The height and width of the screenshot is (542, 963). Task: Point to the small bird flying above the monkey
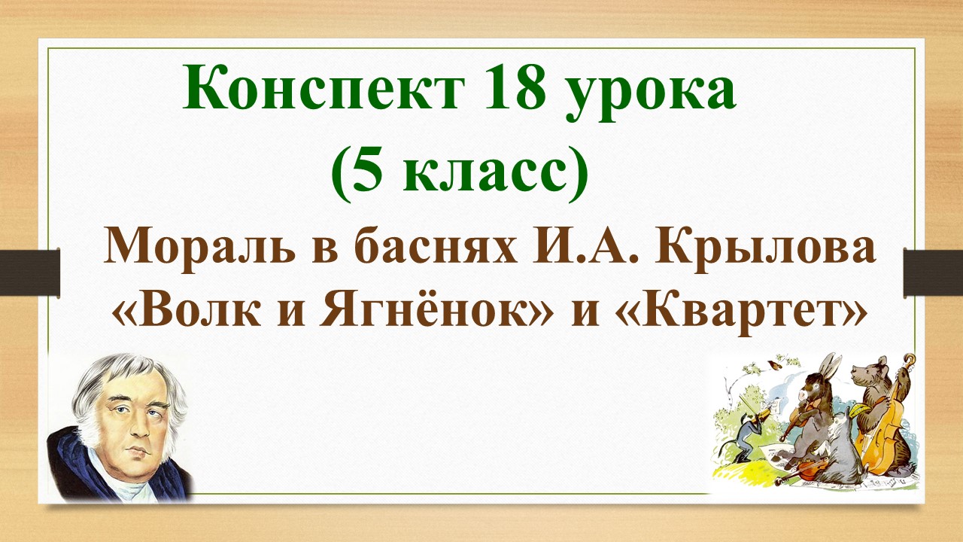point(773,367)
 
